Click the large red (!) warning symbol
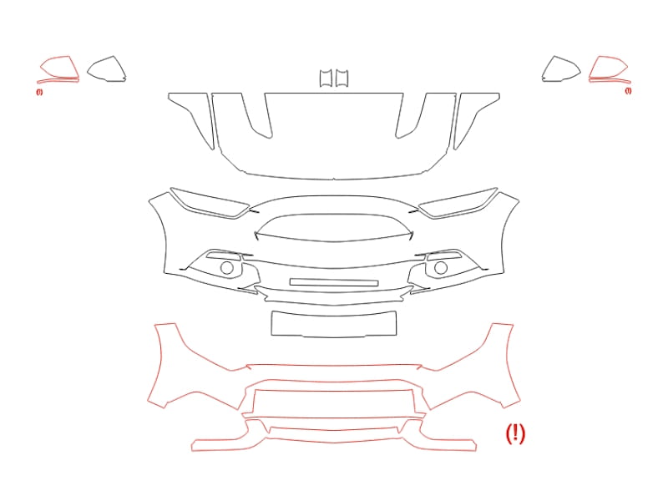click(x=515, y=433)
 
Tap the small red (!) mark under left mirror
click(x=39, y=92)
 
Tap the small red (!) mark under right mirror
click(x=628, y=90)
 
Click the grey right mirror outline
click(x=554, y=56)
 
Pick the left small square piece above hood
click(x=326, y=78)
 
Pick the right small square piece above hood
click(x=342, y=78)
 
